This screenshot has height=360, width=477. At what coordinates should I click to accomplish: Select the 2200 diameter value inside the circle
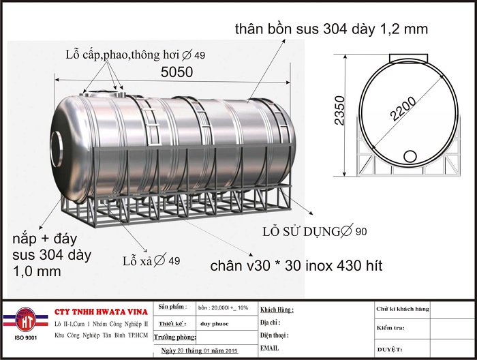click(x=406, y=106)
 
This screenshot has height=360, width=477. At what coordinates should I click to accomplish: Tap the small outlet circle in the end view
click(x=410, y=156)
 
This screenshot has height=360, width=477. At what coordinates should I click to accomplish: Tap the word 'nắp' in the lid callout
click(x=26, y=239)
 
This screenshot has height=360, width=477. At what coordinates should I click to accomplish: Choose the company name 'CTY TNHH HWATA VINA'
click(x=97, y=312)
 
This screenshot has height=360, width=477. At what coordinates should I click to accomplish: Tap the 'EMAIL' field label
click(x=270, y=348)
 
